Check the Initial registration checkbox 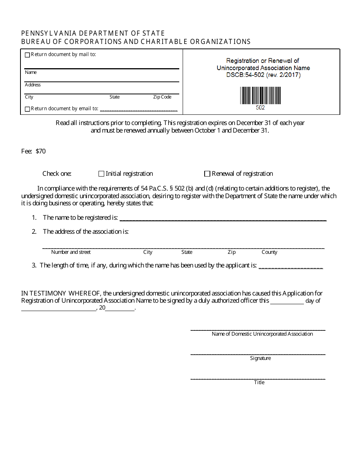[x=101, y=174]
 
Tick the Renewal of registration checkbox [x=207, y=174]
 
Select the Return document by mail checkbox [x=27, y=55]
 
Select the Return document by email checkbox [x=27, y=109]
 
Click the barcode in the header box [x=260, y=95]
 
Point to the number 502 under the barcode [x=260, y=108]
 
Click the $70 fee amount [x=41, y=152]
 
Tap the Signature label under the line [x=260, y=358]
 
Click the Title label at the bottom [x=259, y=383]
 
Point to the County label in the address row [x=269, y=252]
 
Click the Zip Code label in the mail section [x=162, y=97]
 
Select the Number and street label [x=71, y=252]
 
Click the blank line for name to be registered [x=223, y=219]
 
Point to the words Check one [x=57, y=174]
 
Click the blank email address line [x=139, y=109]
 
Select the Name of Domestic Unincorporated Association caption [x=262, y=334]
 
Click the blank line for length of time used [x=290, y=267]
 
